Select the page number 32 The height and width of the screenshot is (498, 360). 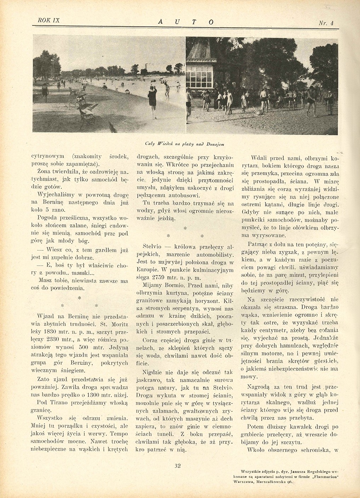click(178, 465)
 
